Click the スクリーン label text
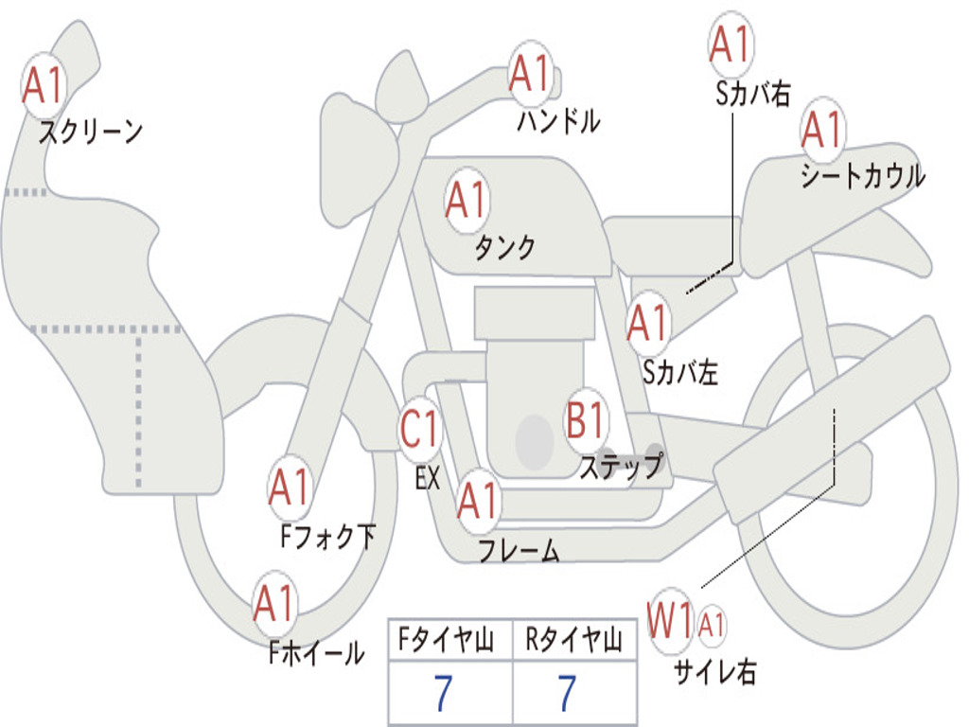(x=90, y=132)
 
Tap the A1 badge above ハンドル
(x=529, y=74)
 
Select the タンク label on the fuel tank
(x=504, y=248)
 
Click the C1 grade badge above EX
(x=420, y=430)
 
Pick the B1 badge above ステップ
(x=586, y=420)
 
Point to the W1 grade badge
(x=670, y=623)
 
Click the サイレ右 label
(x=715, y=671)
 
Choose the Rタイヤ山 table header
(x=574, y=642)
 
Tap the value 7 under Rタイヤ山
(x=566, y=694)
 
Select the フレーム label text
(x=519, y=550)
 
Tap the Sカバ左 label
(x=680, y=373)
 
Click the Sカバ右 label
(x=752, y=93)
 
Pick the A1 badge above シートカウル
(x=822, y=130)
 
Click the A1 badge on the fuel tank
(x=467, y=201)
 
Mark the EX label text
(x=428, y=478)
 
